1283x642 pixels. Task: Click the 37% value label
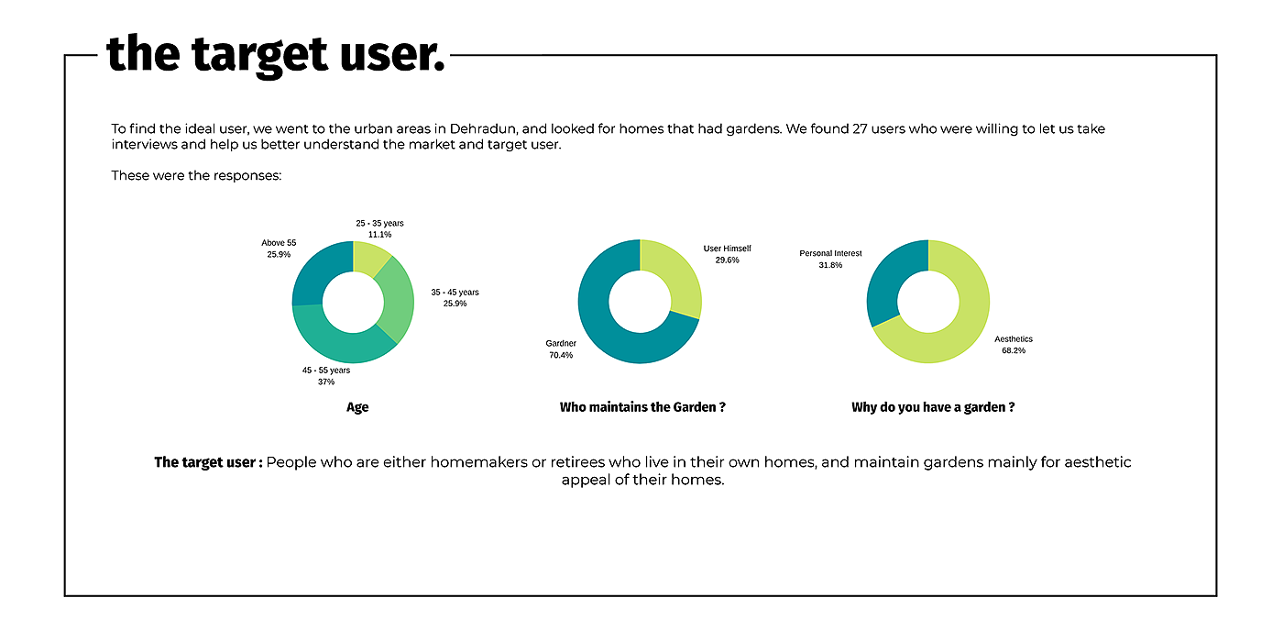coord(325,382)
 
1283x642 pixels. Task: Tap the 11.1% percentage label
coord(379,235)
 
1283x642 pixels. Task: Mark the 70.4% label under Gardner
coord(561,355)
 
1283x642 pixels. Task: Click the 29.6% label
coord(727,260)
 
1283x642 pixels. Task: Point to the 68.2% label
coord(1014,350)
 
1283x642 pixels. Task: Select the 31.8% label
coord(830,265)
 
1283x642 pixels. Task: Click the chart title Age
coord(357,407)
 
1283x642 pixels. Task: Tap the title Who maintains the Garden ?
coord(642,407)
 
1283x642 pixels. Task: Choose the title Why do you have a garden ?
coord(933,407)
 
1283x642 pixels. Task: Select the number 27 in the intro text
coord(860,129)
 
